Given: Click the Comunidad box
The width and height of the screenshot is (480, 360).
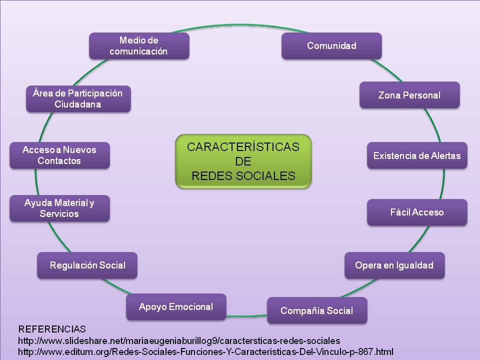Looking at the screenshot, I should [331, 46].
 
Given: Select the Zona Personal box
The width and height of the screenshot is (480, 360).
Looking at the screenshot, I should [409, 95].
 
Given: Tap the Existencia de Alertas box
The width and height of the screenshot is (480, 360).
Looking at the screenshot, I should [417, 155].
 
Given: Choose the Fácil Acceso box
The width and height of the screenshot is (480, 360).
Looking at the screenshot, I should [417, 212].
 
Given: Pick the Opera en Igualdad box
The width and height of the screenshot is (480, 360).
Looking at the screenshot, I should [394, 265].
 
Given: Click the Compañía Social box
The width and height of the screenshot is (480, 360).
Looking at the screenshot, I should [317, 310].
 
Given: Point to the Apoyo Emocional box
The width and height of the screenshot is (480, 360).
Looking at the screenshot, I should [176, 306].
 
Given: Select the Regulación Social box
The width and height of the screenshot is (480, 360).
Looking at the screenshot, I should [87, 265].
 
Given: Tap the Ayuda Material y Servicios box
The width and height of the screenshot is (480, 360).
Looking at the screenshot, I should [59, 208].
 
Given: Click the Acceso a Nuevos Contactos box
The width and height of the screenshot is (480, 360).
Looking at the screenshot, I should [59, 155].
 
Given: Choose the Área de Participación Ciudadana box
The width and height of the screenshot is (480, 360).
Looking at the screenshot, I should [78, 98].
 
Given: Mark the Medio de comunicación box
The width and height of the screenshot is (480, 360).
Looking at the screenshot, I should [139, 45].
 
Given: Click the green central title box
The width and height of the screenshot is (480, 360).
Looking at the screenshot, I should [243, 161].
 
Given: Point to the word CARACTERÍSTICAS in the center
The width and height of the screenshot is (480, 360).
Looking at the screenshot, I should [243, 147].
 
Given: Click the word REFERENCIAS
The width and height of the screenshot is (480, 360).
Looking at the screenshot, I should [52, 329].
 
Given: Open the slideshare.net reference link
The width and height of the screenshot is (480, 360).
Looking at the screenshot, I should [179, 340].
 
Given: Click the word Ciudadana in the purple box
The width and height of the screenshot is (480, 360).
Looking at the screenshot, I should [78, 104].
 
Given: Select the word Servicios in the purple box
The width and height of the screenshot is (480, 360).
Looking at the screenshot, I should [59, 214].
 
